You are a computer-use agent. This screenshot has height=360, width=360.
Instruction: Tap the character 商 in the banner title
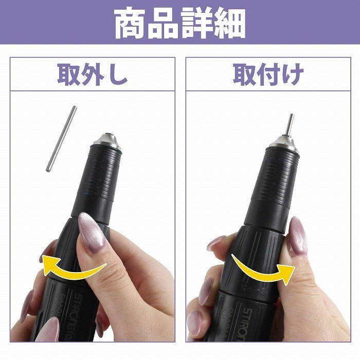pos(131,23)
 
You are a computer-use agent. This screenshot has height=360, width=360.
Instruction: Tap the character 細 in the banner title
pos(229,23)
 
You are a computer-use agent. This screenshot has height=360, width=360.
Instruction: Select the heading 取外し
pos(92,75)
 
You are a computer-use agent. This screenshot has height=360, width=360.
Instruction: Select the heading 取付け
pos(268,75)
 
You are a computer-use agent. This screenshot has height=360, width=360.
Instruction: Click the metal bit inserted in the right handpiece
pos(290,124)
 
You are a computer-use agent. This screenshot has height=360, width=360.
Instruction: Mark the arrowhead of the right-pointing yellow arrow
pos(285,273)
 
